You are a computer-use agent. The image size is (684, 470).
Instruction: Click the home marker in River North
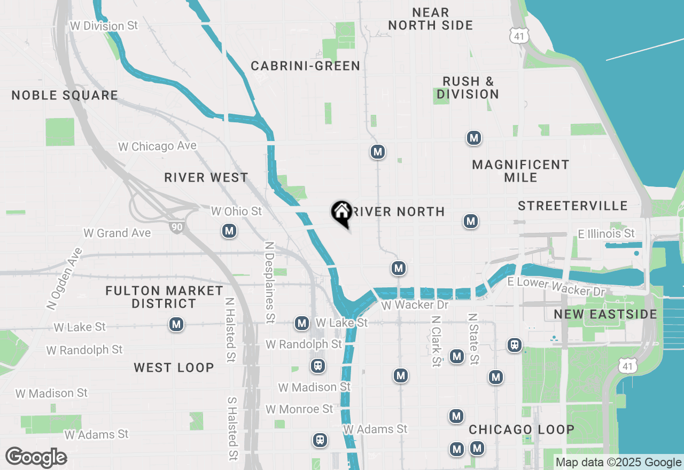341,214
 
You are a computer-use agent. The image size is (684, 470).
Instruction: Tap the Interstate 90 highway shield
176,227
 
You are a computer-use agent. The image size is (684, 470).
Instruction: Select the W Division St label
104,26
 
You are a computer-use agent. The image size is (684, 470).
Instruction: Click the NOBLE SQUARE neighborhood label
65,96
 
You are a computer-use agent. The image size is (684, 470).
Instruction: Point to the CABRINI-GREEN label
305,66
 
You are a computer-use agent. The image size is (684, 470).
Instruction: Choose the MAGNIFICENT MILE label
520,171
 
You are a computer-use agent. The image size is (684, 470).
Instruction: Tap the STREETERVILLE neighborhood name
572,206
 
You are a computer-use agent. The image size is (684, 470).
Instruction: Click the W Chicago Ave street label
157,146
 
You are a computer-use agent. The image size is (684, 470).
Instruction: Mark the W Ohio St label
236,211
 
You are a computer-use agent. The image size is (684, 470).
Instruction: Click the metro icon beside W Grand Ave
229,231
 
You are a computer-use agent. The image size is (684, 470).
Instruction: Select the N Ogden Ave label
64,279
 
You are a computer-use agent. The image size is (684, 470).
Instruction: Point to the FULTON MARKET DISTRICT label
164,297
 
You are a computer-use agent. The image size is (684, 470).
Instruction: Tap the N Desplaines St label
270,282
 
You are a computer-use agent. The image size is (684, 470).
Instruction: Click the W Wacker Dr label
414,305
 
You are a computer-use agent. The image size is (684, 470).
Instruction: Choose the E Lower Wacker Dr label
556,287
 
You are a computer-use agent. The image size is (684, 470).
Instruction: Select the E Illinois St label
606,233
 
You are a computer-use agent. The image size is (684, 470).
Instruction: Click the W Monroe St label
299,409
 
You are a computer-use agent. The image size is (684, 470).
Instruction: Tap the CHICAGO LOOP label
521,430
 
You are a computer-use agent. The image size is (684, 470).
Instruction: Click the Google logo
36,458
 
